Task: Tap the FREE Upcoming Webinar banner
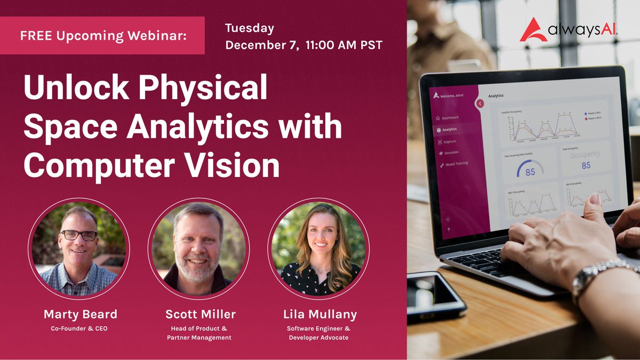[x=102, y=36]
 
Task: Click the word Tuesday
[x=250, y=28]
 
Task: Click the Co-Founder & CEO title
[x=78, y=328]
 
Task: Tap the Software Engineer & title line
[x=318, y=328]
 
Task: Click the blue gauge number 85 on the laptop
[x=530, y=172]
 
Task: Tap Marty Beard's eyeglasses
[x=79, y=235]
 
